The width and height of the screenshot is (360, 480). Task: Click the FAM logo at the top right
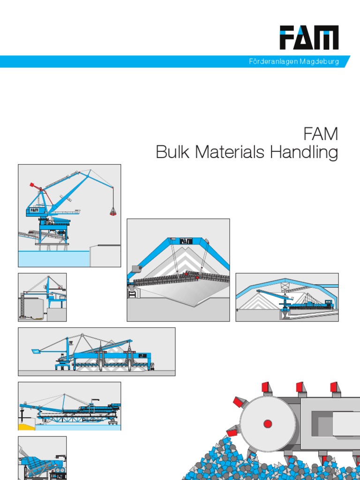click(309, 37)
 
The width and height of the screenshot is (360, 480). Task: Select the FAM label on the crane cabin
click(34, 210)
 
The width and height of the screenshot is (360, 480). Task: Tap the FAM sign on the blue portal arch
click(186, 241)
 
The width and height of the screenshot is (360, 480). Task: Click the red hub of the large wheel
click(268, 424)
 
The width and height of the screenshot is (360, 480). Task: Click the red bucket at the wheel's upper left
click(240, 402)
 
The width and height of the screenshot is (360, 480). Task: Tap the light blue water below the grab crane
click(52, 258)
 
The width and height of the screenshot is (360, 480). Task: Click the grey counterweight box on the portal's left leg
click(136, 269)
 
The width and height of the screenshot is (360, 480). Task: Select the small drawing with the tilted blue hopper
click(42, 458)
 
